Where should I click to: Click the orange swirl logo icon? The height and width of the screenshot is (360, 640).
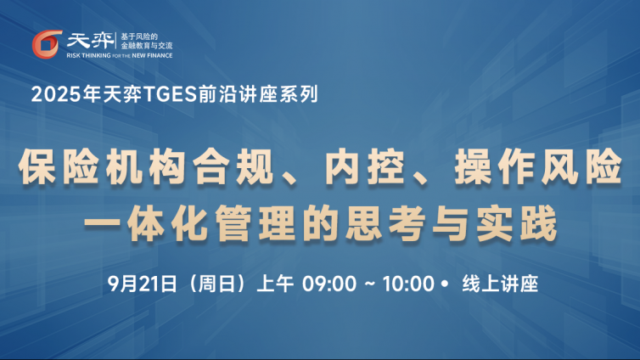coord(47,44)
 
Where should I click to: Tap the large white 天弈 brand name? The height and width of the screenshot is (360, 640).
coord(90,41)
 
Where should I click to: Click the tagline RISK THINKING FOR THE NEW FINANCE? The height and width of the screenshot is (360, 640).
coord(120,55)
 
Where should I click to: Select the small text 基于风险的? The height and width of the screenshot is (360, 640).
coord(138,37)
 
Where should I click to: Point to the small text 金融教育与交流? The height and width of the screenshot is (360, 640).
coord(147,46)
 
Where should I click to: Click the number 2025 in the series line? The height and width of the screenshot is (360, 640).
coord(56,94)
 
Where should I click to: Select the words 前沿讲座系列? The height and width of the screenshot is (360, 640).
coord(258,94)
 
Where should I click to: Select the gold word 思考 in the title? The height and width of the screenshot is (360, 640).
coord(384,223)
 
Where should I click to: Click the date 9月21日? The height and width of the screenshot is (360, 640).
coord(142,284)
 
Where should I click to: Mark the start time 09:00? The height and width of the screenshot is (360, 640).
coord(329,284)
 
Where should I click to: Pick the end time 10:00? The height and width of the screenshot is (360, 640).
coord(408,284)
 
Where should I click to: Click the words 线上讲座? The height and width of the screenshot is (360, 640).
coord(500,284)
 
